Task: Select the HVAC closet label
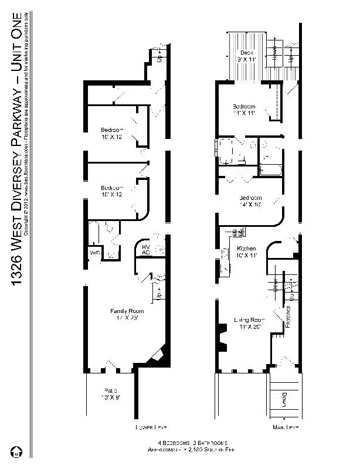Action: [x=147, y=250]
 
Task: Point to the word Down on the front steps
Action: [x=283, y=400]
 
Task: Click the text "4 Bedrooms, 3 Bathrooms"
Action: [x=192, y=442]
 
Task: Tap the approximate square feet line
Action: [x=192, y=448]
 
